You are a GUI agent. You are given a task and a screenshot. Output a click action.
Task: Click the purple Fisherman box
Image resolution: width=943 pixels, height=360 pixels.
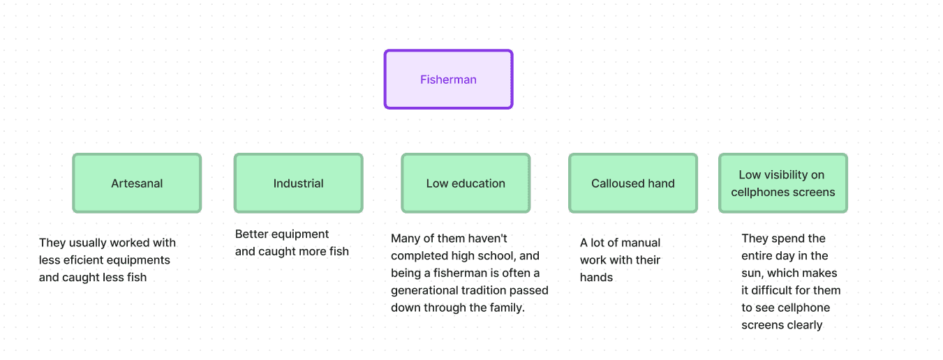(x=448, y=80)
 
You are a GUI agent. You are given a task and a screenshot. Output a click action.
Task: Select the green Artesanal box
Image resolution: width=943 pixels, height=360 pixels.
(x=137, y=183)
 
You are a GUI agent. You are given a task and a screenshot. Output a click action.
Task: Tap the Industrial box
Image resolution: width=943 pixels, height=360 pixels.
(x=298, y=183)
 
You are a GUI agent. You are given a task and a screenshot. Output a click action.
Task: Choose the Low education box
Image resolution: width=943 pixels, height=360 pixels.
(x=466, y=183)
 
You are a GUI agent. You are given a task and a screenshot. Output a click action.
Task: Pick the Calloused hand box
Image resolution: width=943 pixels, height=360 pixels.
(x=632, y=183)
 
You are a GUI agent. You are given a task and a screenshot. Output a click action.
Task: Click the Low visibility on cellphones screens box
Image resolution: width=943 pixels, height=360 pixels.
(x=782, y=183)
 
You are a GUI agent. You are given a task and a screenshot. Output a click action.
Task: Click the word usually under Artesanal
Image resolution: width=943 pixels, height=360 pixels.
(x=87, y=243)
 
